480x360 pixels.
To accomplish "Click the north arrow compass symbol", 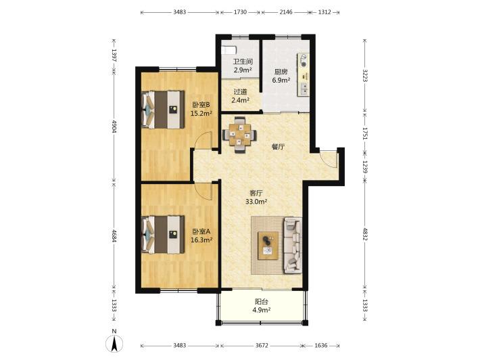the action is (x=114, y=344).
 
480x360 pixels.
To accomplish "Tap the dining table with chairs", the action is (x=240, y=135).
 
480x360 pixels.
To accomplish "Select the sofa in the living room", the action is (x=293, y=246).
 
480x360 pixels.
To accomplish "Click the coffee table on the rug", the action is (x=268, y=246).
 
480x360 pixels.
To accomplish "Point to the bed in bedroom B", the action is (x=163, y=110).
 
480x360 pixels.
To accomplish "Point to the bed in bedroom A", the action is (x=163, y=235).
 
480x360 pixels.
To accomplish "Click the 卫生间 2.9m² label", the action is (x=243, y=66).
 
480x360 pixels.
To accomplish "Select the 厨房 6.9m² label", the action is (x=281, y=76).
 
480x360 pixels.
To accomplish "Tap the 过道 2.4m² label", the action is (x=240, y=96).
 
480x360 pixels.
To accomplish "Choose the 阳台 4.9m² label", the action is (x=262, y=306).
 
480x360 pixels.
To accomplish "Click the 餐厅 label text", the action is (x=278, y=147).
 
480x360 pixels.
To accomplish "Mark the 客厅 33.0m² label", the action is (x=256, y=198).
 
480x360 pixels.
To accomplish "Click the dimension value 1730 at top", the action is (x=240, y=12).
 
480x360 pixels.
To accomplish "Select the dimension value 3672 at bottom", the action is (x=262, y=346).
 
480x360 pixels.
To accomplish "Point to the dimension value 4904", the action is (x=114, y=127).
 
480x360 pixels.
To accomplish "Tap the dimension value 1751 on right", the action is (x=364, y=133).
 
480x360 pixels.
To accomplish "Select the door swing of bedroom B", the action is (x=203, y=139).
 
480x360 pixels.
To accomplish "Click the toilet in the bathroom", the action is (x=229, y=49).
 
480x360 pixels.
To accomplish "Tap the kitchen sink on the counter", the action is (x=304, y=89).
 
